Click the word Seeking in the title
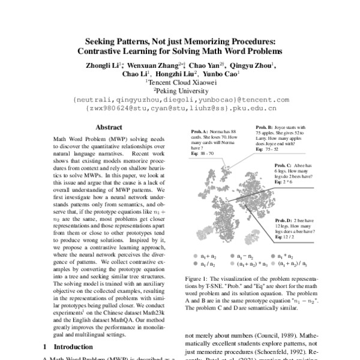97,43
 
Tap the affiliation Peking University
179,92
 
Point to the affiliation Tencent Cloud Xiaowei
179,83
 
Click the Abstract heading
110,127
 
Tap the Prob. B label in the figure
265,127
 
